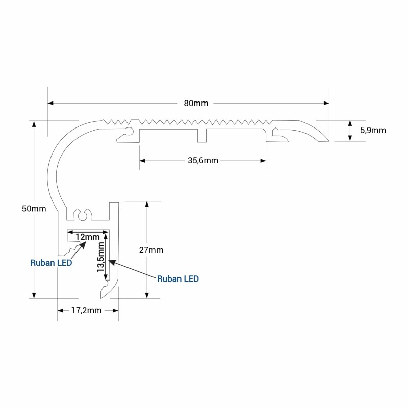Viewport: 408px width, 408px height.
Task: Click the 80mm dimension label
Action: [196, 104]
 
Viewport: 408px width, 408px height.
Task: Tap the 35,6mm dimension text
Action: [203, 161]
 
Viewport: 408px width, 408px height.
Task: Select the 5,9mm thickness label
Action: [373, 130]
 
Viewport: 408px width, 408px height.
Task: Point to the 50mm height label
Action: [34, 209]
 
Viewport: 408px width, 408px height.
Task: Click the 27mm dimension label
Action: [151, 250]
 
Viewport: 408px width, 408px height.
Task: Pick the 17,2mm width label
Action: [86, 310]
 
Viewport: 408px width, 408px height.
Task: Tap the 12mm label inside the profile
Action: [87, 237]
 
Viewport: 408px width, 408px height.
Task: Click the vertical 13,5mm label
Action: [100, 257]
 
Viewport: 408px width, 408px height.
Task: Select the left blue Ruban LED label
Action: [51, 263]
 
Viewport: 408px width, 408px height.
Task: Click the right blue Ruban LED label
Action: [178, 279]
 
